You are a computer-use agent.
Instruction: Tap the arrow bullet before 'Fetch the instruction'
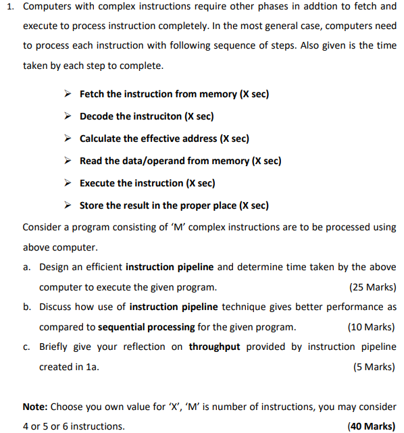click(x=68, y=95)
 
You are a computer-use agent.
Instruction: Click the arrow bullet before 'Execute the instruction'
click(x=68, y=183)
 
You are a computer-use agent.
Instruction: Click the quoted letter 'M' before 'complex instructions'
click(x=178, y=227)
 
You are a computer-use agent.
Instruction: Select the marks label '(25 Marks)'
click(x=372, y=287)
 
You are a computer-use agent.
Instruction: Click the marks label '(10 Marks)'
click(x=372, y=327)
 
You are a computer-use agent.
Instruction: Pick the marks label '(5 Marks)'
click(x=374, y=367)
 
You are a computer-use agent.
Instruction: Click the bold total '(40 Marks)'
click(x=371, y=426)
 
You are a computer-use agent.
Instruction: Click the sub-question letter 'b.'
click(x=26, y=307)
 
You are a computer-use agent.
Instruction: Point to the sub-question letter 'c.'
click(x=26, y=347)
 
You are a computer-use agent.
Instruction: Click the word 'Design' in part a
click(x=55, y=267)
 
